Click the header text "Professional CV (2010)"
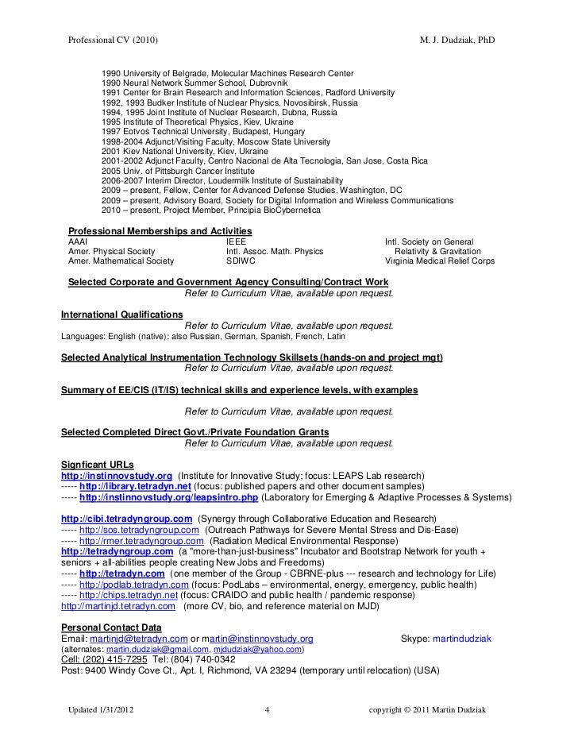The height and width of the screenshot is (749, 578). click(114, 41)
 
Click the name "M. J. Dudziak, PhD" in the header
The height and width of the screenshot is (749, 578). click(459, 41)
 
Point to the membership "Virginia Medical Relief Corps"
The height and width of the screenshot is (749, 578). click(439, 261)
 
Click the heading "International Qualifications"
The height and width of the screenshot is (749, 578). click(121, 315)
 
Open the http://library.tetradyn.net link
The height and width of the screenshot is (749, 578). click(136, 485)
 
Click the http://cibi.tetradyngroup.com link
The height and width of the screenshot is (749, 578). click(126, 519)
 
